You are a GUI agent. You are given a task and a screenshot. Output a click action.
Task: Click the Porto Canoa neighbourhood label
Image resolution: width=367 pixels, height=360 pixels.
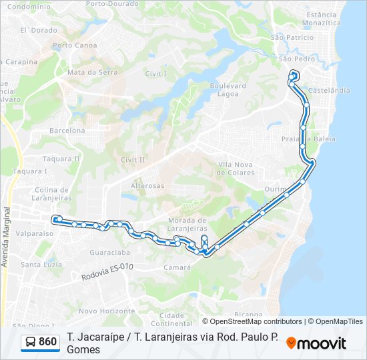[75, 45]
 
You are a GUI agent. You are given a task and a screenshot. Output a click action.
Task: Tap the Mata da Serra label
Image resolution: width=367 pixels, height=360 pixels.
[92, 72]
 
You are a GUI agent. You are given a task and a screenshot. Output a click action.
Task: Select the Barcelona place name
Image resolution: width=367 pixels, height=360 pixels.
[67, 131]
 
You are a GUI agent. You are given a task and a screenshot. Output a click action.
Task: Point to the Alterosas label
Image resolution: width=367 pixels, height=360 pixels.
[147, 185]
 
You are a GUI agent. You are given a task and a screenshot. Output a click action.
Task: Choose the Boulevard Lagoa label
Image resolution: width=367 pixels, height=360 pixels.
[228, 90]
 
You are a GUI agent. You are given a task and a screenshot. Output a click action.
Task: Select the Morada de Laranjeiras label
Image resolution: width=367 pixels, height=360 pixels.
[187, 224]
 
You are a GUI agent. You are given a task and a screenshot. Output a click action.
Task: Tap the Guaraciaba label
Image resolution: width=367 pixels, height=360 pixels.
[109, 253]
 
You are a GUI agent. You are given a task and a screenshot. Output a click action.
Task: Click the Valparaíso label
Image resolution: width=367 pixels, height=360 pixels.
[34, 234]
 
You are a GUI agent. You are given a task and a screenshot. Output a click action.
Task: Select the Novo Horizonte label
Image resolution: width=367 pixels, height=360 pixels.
[107, 311]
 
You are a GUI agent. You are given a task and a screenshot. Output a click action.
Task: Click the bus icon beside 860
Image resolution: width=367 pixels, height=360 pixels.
[31, 343]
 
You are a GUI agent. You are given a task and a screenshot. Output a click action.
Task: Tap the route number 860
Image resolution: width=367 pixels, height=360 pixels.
[48, 343]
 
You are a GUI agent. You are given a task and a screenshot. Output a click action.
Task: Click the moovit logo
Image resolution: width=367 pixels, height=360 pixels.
[316, 343]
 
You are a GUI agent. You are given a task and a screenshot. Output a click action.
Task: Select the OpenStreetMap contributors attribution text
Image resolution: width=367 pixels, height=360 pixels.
[251, 321]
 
